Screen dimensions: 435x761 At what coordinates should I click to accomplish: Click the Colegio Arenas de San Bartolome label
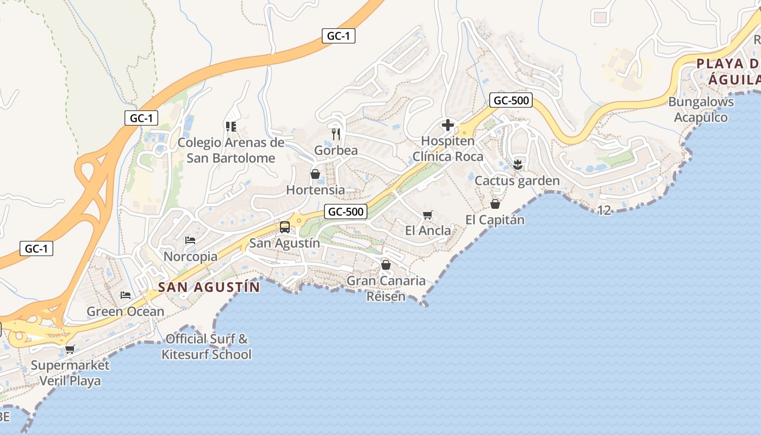(231, 151)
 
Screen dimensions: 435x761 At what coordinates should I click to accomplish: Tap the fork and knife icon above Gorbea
(336, 133)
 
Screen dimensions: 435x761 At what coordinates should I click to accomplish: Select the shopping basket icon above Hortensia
(315, 174)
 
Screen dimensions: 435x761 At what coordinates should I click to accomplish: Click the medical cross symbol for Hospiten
(448, 126)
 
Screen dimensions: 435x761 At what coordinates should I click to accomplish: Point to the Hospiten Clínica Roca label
(448, 149)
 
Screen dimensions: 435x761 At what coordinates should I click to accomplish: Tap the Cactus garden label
(517, 181)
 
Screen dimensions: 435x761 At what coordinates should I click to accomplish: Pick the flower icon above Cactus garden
(517, 164)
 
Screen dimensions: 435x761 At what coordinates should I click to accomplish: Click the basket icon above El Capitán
(495, 204)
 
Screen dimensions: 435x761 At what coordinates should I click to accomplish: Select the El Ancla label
(428, 231)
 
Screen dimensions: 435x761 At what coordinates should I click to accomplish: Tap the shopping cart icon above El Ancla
(428, 215)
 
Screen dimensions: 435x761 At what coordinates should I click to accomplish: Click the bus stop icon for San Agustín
(285, 227)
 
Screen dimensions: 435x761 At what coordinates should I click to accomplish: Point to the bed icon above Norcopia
(190, 240)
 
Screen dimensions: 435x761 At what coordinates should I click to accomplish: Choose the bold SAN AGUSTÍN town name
(209, 287)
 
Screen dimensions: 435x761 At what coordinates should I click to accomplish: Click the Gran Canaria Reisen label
(386, 289)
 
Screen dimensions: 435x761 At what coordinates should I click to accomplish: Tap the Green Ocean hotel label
(126, 312)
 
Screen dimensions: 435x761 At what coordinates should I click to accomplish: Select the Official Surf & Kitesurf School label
(207, 347)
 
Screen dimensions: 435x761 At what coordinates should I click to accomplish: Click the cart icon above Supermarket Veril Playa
(70, 349)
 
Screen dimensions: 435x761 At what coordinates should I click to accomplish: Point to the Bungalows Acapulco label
(701, 109)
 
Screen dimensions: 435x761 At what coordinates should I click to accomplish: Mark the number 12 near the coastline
(604, 210)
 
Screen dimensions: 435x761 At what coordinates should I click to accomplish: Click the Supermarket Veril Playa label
(70, 372)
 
